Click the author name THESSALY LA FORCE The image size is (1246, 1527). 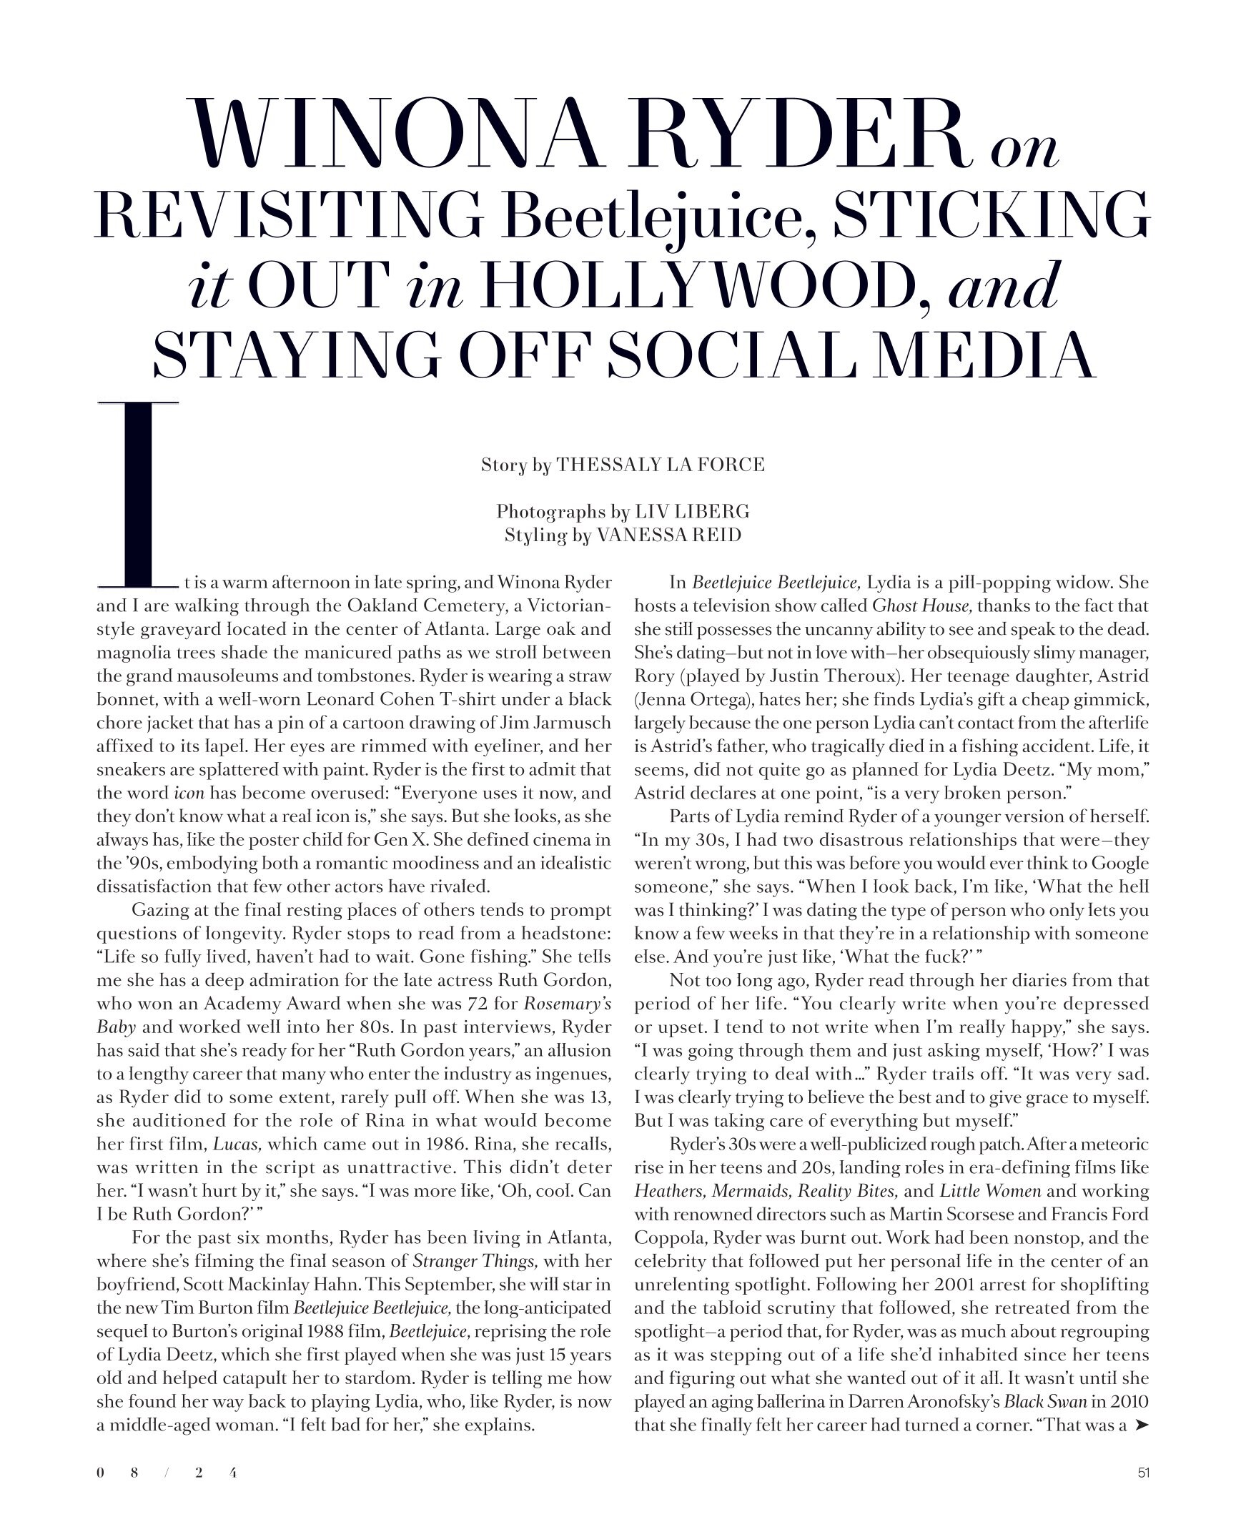pos(661,465)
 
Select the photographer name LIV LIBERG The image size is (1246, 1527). pos(692,512)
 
